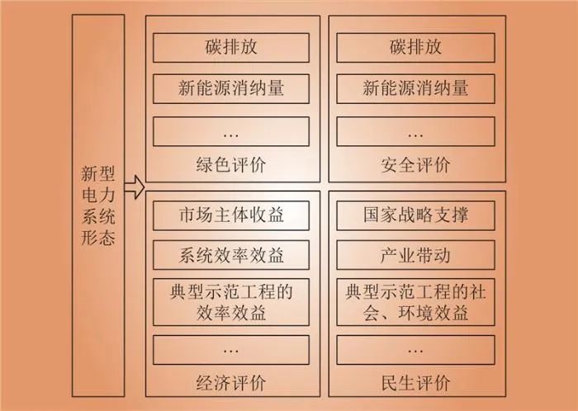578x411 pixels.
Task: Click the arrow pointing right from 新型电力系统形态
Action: (x=134, y=187)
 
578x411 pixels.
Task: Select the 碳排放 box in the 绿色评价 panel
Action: (x=231, y=48)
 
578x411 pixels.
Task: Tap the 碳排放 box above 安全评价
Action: (x=415, y=48)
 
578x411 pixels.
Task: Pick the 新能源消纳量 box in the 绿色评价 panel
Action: (x=231, y=89)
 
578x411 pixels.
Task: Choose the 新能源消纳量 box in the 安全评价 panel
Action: (x=415, y=89)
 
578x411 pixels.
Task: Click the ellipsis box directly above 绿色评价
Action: (x=231, y=131)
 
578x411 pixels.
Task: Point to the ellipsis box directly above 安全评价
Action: (x=415, y=131)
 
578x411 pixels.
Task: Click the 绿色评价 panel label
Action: (x=231, y=164)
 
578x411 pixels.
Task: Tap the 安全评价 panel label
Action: (x=415, y=164)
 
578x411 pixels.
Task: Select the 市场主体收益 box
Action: (x=231, y=215)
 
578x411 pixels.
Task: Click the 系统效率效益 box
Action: (x=231, y=255)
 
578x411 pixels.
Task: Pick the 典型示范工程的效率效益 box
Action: (x=231, y=302)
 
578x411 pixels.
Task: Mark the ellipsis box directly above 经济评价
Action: (x=231, y=350)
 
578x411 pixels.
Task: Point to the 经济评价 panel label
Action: (x=231, y=383)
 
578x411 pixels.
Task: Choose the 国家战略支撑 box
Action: (x=415, y=215)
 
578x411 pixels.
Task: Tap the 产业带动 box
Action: (x=415, y=255)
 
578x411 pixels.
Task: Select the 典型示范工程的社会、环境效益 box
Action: (x=415, y=302)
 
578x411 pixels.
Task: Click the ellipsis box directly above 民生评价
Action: (x=415, y=350)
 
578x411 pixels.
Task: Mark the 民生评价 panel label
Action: (x=415, y=383)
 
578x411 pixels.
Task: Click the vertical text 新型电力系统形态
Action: (x=98, y=205)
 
